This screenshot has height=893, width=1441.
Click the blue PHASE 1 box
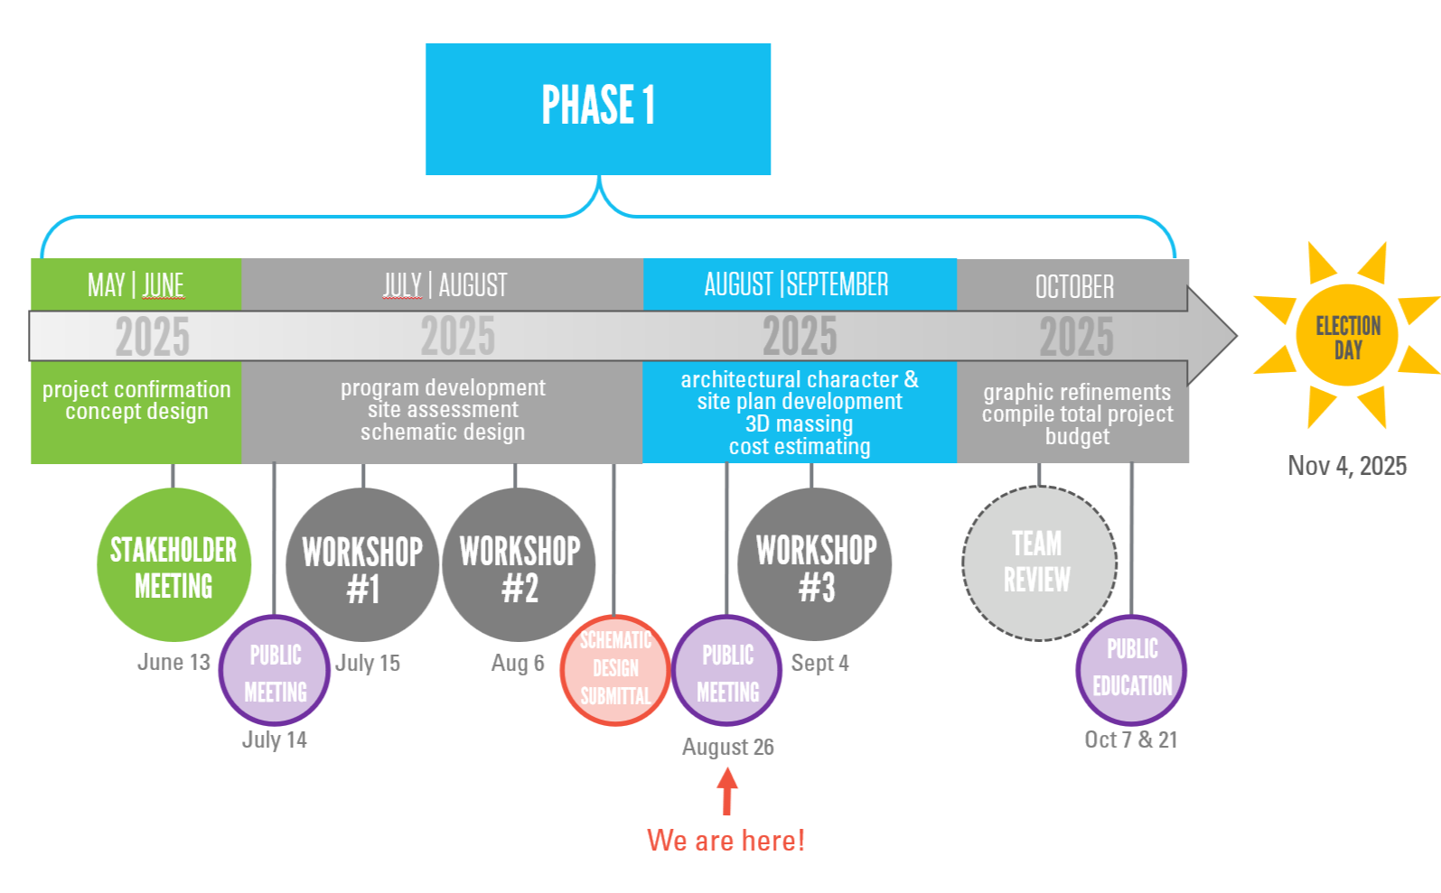coord(597,108)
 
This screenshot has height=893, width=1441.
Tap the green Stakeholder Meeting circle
coord(173,565)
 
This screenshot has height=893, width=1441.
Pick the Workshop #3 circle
coord(815,565)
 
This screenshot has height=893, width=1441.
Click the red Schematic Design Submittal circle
coord(615,670)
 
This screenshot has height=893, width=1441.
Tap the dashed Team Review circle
coord(1039,563)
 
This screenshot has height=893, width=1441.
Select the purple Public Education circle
coord(1131,669)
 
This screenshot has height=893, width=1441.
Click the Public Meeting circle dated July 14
coord(275,671)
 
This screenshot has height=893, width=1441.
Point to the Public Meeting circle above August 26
coord(727,671)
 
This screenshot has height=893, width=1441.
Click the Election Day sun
coord(1347,336)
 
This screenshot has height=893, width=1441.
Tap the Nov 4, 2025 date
coord(1347,466)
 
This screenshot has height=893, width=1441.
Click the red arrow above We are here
coord(727,792)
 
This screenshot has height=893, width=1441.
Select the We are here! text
coord(725,841)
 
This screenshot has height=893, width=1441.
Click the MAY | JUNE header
coord(136,285)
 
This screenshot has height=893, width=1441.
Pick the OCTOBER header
coord(1073,287)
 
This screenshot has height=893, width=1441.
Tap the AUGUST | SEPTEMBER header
coord(797,284)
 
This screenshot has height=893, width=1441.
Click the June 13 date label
coord(173,663)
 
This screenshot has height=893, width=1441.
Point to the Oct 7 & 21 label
coord(1131,740)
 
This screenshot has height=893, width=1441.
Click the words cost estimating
coord(800,447)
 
